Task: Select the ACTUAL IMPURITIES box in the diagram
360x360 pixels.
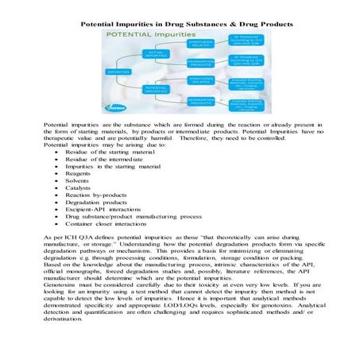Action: point(155,54)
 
